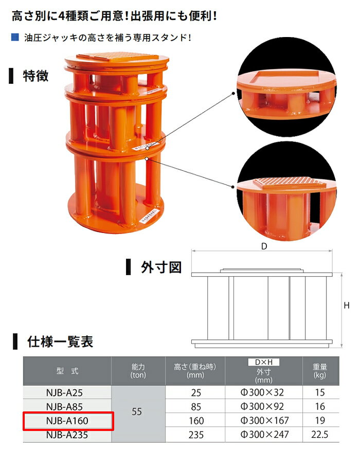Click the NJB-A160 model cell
(67, 421)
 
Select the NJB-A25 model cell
(67, 392)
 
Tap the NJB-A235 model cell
(67, 435)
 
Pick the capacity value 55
(137, 411)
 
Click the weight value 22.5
(319, 435)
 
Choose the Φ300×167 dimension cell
(264, 421)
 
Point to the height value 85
(196, 407)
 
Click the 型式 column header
(67, 371)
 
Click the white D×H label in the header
(263, 362)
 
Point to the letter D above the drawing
(264, 246)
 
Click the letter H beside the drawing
(347, 305)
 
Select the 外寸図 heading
(161, 267)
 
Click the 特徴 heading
(35, 76)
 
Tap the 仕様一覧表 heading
(60, 342)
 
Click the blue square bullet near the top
(15, 37)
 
